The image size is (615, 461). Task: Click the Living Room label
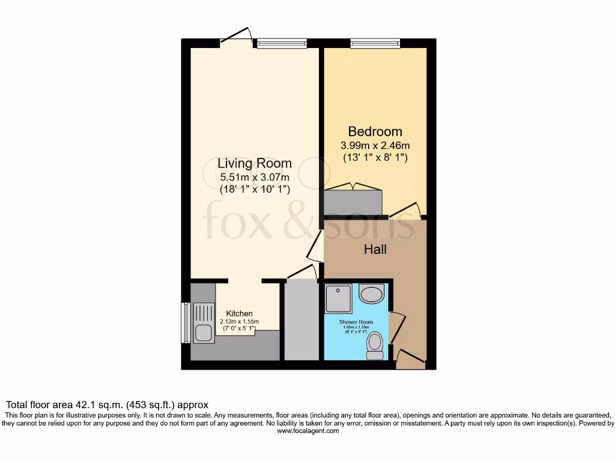[255, 163]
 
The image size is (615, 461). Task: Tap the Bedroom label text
[375, 131]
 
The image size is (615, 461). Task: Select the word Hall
[375, 249]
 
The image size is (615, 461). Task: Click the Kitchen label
[239, 313]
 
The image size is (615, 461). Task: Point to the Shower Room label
[356, 322]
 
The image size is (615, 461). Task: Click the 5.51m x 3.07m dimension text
[255, 177]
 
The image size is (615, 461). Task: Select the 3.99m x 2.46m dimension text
[375, 145]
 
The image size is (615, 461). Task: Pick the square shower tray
[339, 299]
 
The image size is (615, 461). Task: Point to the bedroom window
[375, 43]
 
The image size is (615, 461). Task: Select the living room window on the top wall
[282, 43]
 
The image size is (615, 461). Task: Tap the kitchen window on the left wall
[186, 322]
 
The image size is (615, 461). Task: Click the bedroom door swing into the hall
[405, 210]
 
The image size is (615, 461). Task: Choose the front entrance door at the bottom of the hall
[411, 359]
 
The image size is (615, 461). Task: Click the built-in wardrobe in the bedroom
[353, 201]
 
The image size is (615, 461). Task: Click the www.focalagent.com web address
[307, 431]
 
